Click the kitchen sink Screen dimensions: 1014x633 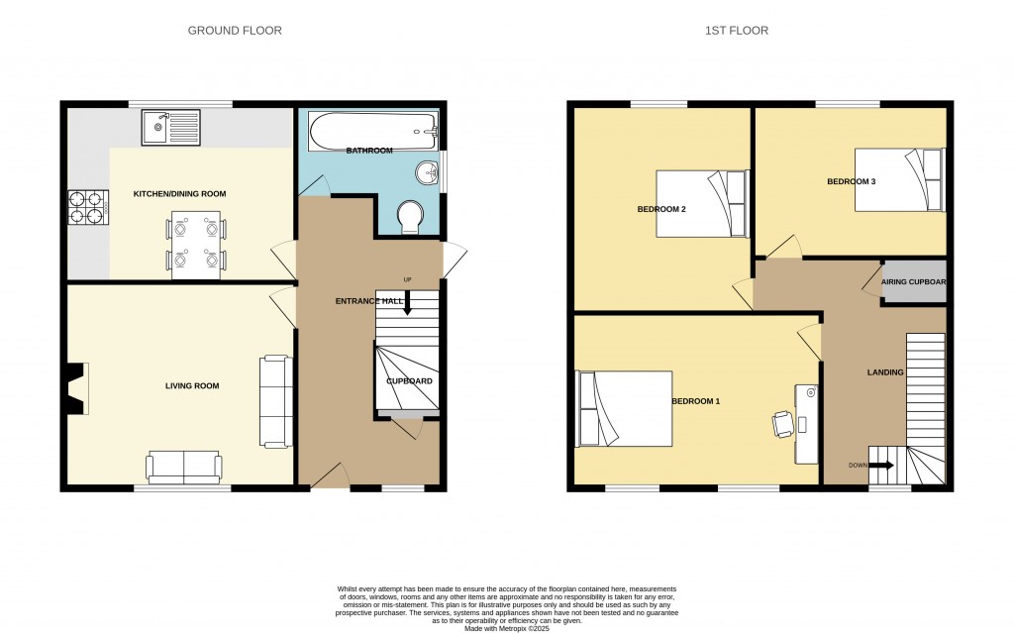(x=170, y=127)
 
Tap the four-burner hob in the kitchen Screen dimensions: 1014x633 (x=88, y=206)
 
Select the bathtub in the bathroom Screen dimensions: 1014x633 (x=373, y=132)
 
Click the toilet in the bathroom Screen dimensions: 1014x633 (x=411, y=216)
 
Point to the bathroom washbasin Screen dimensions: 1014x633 (x=429, y=172)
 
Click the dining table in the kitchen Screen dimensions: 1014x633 (x=196, y=246)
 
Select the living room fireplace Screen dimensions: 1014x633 (x=76, y=388)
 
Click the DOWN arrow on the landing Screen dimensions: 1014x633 (x=881, y=465)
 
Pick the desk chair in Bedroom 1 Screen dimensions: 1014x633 (x=782, y=425)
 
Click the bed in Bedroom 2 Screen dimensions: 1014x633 (x=702, y=203)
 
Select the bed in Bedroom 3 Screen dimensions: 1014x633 (x=899, y=180)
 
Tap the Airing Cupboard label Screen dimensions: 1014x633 (x=913, y=281)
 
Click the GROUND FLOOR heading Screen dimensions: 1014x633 (x=235, y=31)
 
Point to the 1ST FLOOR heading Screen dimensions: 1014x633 (x=737, y=31)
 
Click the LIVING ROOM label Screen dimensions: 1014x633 (x=192, y=385)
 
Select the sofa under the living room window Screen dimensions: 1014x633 (x=184, y=467)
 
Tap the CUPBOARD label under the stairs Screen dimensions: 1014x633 (x=409, y=381)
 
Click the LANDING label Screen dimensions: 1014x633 (x=885, y=372)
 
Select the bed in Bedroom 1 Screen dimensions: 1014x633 (x=624, y=408)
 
